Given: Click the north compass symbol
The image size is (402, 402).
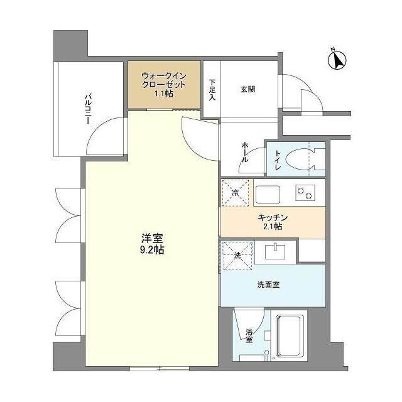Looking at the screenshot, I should click(338, 60).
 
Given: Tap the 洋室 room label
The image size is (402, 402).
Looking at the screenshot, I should click(152, 238).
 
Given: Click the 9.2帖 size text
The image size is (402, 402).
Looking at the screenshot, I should click(152, 249).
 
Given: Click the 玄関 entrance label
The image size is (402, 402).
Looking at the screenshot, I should click(247, 89).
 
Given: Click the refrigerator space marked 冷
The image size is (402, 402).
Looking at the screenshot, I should click(236, 193).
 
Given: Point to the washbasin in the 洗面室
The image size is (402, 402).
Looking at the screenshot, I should click(275, 253).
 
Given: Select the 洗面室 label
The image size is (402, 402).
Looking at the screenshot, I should click(268, 284).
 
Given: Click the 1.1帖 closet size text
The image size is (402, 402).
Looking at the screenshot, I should click(165, 94).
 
